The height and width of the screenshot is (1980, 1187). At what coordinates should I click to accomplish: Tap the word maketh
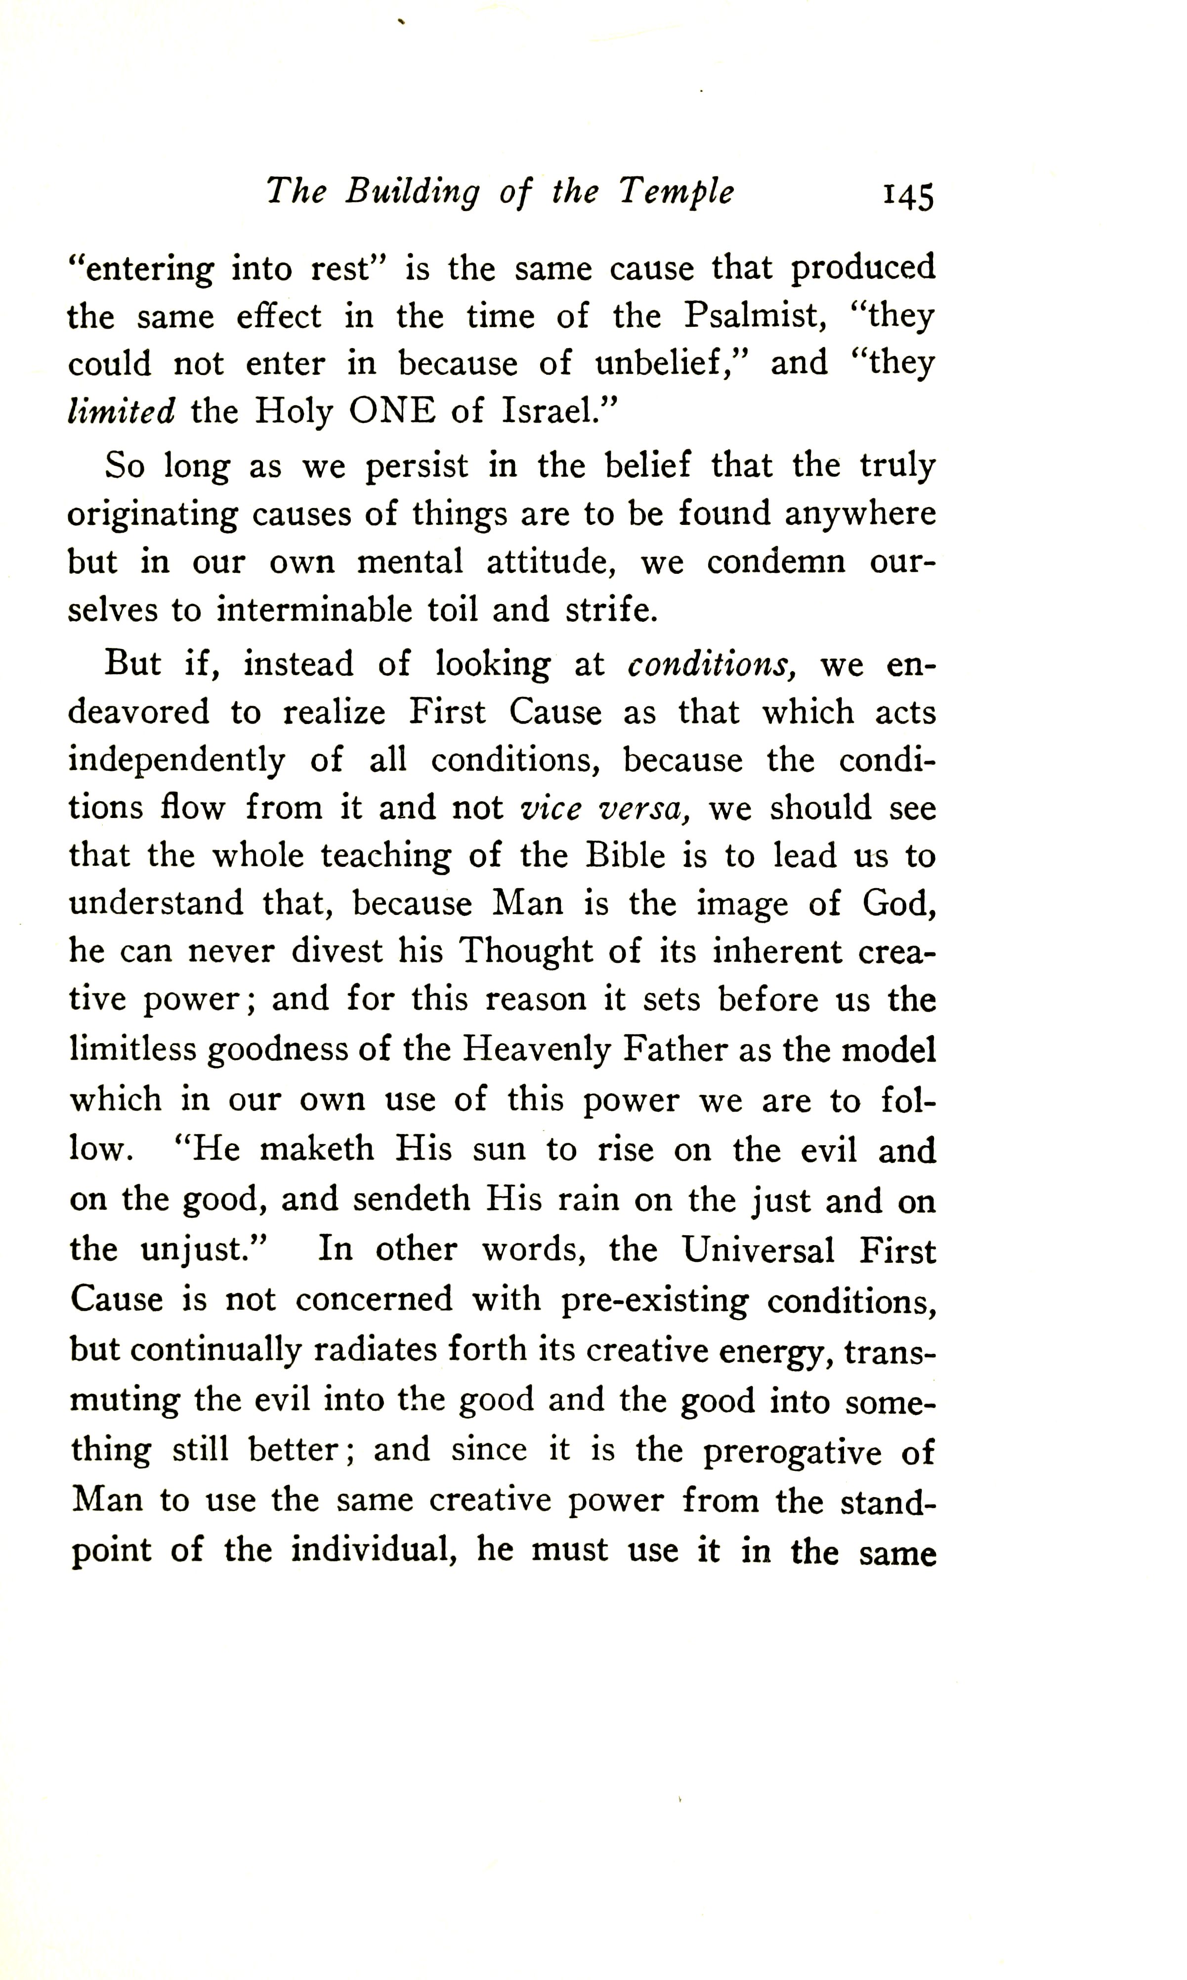[317, 1150]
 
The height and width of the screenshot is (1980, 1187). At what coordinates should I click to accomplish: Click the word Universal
[758, 1249]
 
